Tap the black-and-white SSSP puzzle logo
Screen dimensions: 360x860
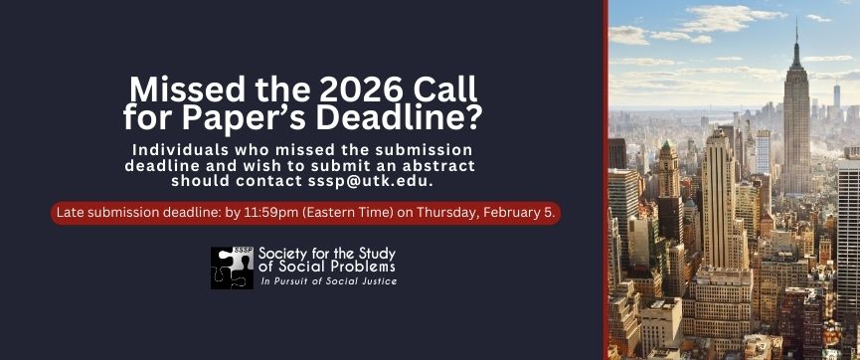coord(232,268)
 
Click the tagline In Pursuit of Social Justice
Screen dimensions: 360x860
coord(329,282)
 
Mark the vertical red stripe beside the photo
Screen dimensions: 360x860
coord(605,180)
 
